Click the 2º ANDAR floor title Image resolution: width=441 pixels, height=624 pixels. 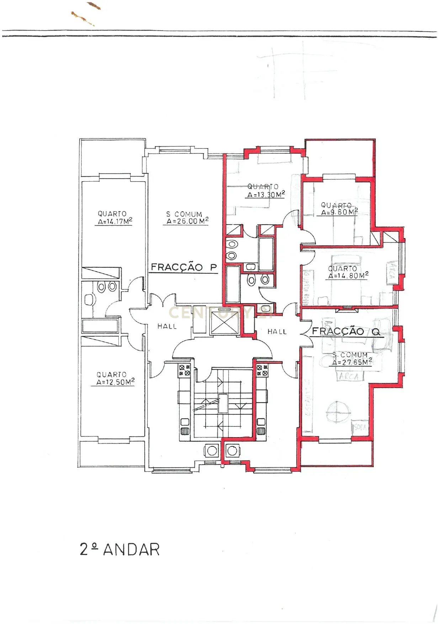pos(119,549)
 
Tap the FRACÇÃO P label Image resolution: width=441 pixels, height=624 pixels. pos(184,267)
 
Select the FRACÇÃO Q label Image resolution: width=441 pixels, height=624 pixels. pos(346,332)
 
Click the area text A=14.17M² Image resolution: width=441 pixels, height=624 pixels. pos(115,221)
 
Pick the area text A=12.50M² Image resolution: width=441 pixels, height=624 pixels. pos(115,382)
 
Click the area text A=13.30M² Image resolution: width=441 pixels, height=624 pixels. pos(266,195)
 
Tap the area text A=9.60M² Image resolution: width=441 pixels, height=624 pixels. pos(339,212)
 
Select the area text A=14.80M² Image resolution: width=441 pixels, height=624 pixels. pos(348,276)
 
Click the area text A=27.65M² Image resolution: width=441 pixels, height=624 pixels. pos(352,362)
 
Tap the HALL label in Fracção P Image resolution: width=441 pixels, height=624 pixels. pos(167,326)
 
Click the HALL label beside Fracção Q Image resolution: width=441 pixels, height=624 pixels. pos(277,331)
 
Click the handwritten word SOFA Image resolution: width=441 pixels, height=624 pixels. pos(360,427)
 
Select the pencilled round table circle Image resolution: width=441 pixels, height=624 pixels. pos(338,412)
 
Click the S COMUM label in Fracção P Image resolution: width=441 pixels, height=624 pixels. pos(184,214)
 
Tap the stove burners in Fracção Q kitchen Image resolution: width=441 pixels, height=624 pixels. pos(262,370)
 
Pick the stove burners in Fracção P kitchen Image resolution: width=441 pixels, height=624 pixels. pos(184,370)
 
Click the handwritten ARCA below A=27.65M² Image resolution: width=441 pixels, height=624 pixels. pos(349,377)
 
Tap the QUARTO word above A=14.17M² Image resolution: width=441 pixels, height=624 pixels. pos(112,214)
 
